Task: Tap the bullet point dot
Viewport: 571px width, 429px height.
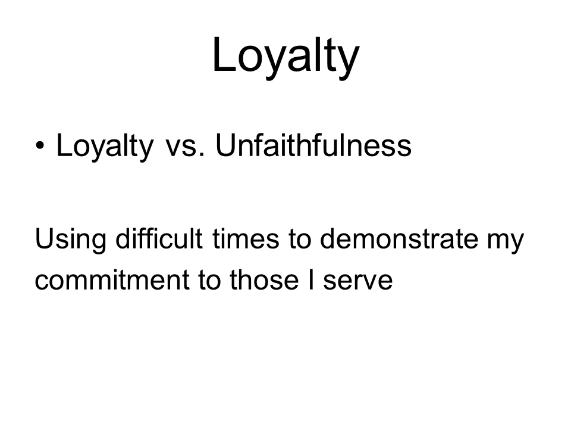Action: tap(40, 146)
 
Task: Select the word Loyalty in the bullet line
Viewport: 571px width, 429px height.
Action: tap(105, 147)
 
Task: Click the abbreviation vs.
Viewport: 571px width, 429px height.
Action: tap(185, 149)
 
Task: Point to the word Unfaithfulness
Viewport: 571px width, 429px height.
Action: tap(313, 145)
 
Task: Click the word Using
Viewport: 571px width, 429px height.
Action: tap(71, 240)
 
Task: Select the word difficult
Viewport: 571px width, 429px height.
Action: tap(159, 238)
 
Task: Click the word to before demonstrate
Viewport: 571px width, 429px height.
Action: tap(300, 240)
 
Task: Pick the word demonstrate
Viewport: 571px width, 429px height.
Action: tap(399, 239)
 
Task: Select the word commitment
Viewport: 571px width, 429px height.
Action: tap(112, 280)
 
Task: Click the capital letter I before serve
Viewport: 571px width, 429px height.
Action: tap(310, 280)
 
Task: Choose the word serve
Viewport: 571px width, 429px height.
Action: tap(357, 282)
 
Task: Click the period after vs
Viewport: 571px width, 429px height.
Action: tap(202, 155)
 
